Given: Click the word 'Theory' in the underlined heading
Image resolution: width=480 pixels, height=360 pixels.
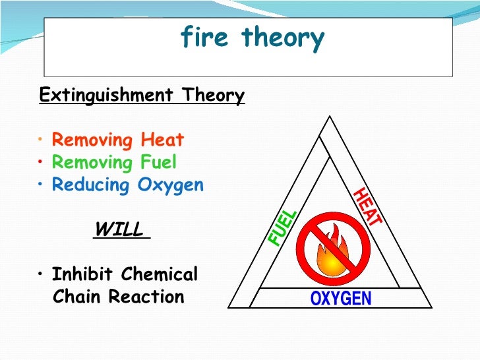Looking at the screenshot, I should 212,96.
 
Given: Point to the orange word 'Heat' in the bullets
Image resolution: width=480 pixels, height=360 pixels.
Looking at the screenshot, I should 162,140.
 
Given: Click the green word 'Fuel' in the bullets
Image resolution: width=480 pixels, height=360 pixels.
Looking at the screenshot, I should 157,163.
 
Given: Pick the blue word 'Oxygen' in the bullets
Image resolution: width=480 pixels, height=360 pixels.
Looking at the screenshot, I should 171,185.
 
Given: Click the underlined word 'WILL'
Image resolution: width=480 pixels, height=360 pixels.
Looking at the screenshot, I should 119,229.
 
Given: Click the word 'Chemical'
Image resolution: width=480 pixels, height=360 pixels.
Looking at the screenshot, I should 164,274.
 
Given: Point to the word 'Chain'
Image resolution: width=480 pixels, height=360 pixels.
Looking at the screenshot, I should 76,297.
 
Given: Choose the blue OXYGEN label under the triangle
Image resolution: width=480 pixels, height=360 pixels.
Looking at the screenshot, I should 341,299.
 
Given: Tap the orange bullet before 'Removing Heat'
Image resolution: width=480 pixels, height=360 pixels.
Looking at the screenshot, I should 41,140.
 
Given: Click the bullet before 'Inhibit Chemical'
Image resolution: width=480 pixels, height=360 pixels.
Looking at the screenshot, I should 41,274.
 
